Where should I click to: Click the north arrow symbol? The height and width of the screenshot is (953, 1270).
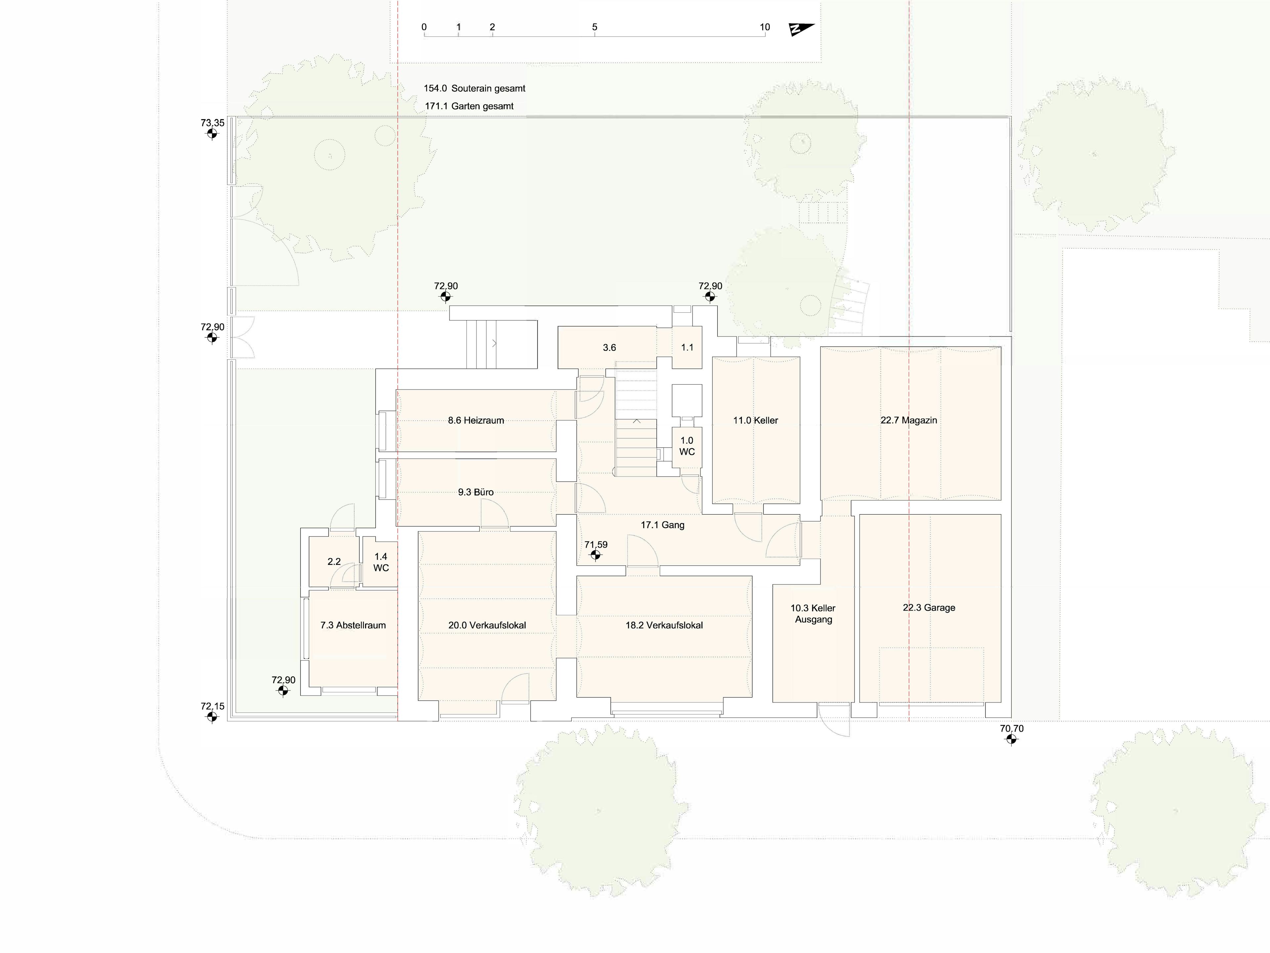click(x=801, y=29)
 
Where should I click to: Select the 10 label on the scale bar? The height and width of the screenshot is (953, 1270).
click(x=765, y=27)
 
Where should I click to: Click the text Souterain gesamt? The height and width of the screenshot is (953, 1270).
click(x=488, y=88)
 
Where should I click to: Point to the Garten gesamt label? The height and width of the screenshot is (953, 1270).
click(x=482, y=106)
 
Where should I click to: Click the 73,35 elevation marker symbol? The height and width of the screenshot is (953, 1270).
click(x=212, y=134)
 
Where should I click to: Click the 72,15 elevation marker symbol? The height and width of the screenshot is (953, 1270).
click(x=212, y=717)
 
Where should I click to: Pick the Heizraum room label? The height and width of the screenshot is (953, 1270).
click(x=476, y=421)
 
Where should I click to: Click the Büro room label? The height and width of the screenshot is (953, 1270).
click(x=476, y=492)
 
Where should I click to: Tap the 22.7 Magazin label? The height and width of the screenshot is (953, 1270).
click(x=909, y=421)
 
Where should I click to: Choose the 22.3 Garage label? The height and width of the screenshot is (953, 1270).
click(x=929, y=608)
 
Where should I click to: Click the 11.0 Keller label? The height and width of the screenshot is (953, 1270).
click(x=756, y=421)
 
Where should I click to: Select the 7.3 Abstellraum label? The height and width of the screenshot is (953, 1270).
click(x=353, y=625)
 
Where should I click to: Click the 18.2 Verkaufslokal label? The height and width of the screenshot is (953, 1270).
click(x=664, y=625)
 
